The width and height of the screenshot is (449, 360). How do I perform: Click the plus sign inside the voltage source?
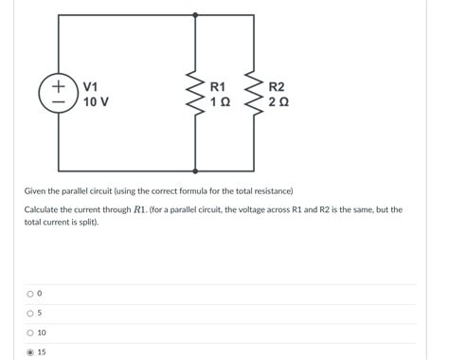pos(59,83)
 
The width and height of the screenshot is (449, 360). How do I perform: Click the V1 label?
pos(93,86)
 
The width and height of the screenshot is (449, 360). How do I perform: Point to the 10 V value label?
pos(96,101)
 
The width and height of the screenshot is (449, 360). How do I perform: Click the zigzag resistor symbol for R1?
pos(195,94)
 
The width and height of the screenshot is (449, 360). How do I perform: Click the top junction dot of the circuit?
pos(195,15)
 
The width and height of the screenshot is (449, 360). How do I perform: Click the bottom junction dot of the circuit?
pos(195,170)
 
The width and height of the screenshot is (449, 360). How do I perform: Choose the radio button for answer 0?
pos(29,294)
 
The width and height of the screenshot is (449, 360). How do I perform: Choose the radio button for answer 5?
pos(29,314)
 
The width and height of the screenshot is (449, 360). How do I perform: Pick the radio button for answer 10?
pos(29,333)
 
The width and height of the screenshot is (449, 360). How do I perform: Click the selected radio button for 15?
pos(29,352)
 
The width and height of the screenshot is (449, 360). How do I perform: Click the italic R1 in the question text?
pos(139,209)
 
